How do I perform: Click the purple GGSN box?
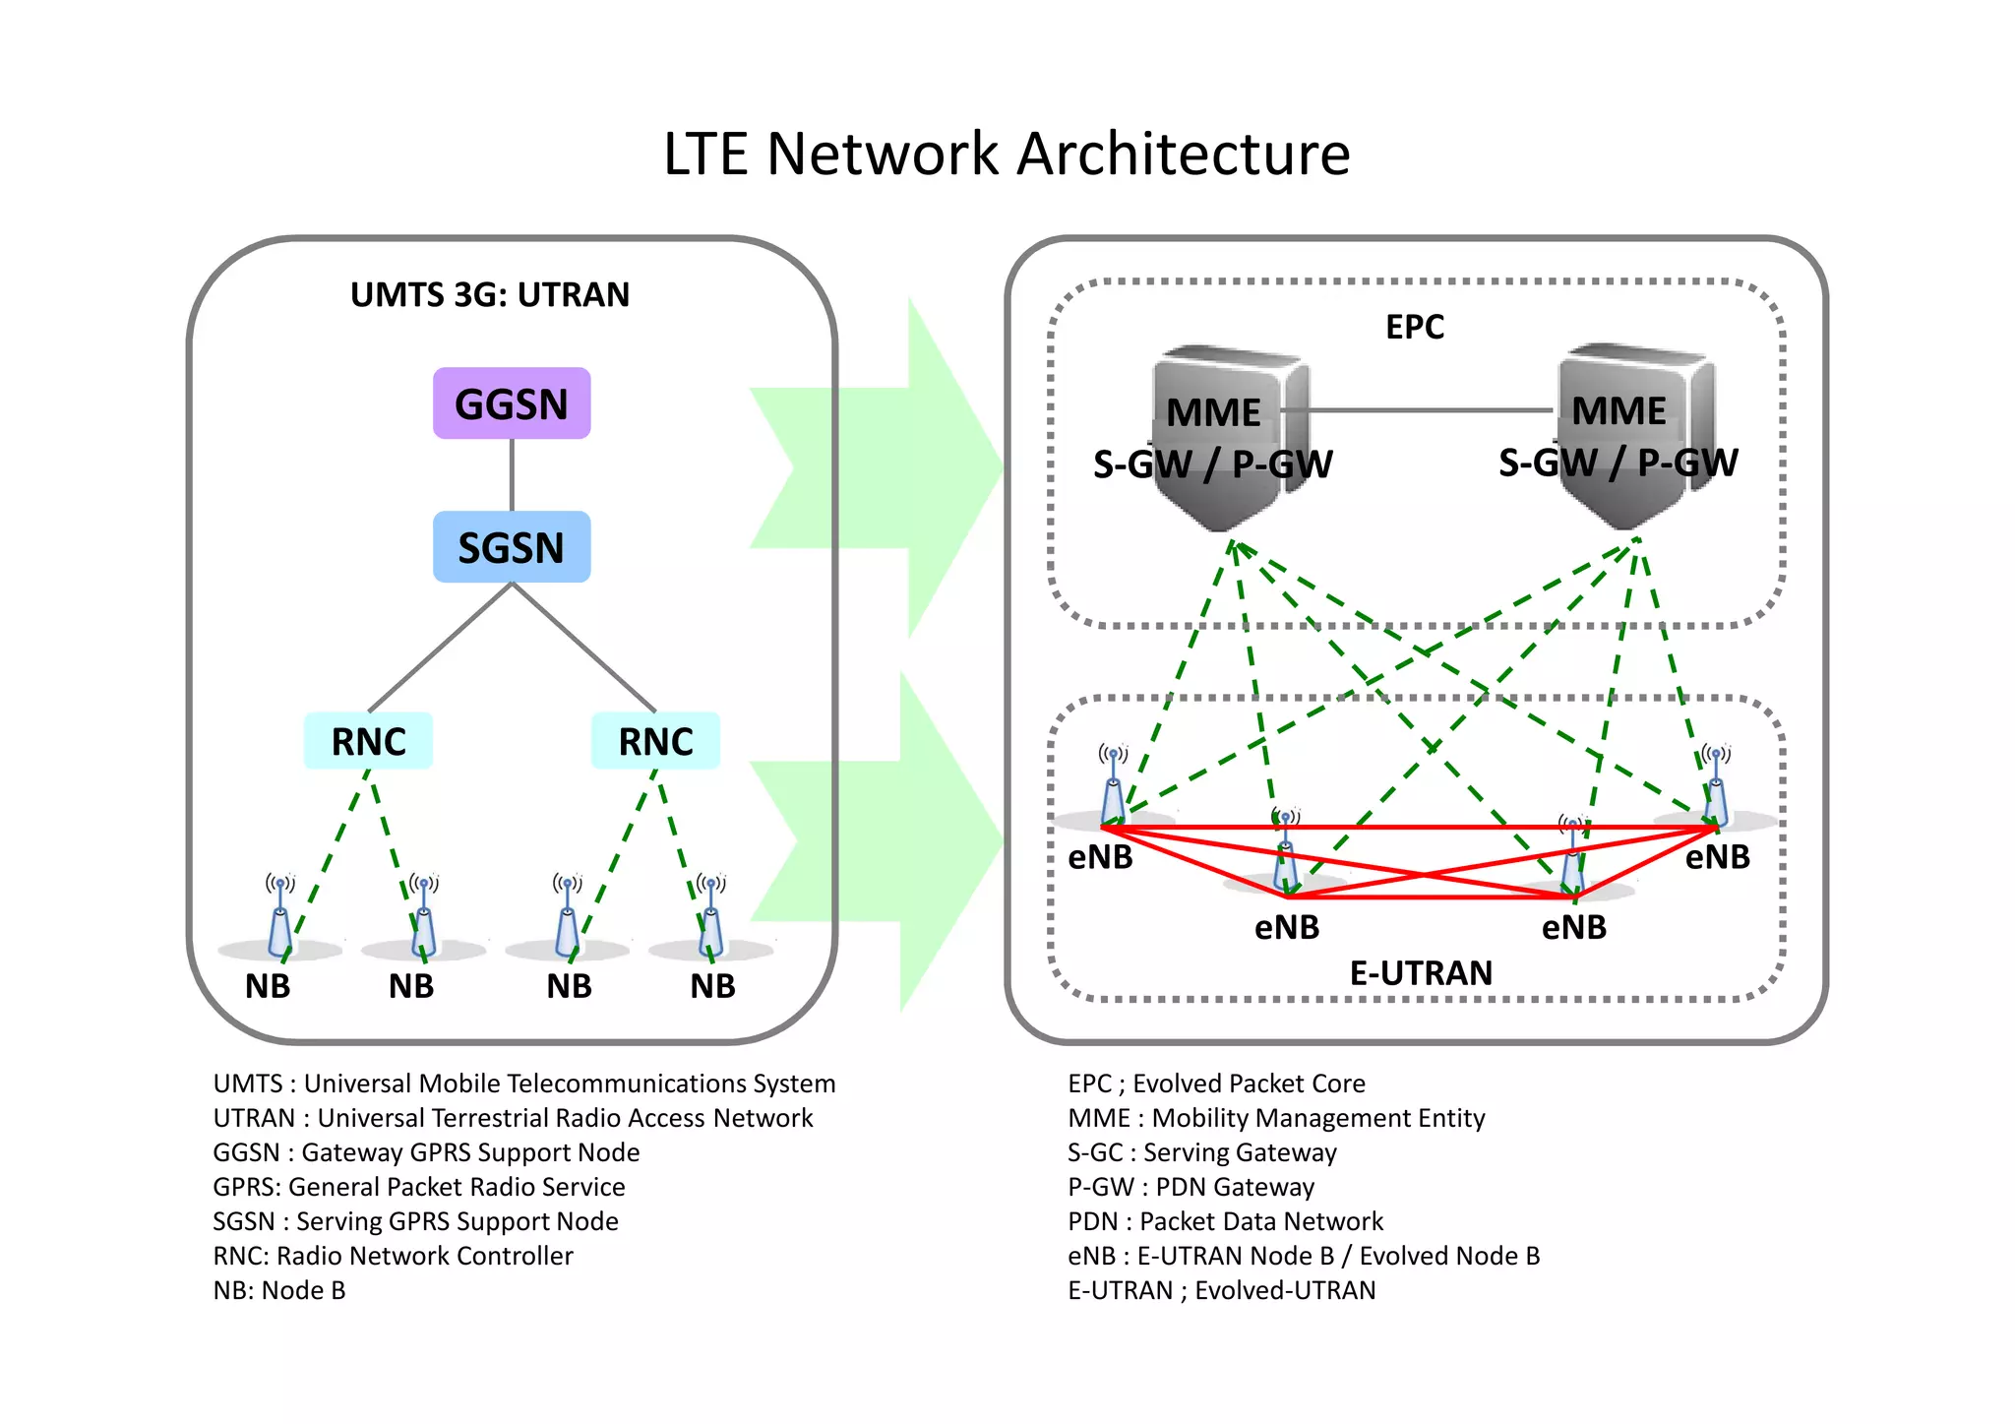pos(512,403)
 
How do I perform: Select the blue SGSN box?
pos(512,547)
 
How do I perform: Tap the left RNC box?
pos(368,741)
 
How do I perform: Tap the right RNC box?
pos(655,741)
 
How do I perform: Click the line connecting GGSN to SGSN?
pos(512,474)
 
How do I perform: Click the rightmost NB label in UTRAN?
pos(712,985)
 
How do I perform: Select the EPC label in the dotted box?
pos(1414,327)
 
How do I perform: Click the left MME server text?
pos(1213,412)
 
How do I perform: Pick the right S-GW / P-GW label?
pos(1618,463)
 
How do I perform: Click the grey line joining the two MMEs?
pos(1417,410)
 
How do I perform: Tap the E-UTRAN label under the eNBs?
pos(1421,973)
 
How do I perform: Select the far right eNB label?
pos(1717,857)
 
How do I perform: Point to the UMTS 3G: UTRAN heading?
pos(490,295)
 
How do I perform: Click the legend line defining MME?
pos(1276,1118)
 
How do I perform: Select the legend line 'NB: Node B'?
pos(279,1290)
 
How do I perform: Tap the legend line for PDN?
pos(1225,1221)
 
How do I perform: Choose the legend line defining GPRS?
pos(419,1187)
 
